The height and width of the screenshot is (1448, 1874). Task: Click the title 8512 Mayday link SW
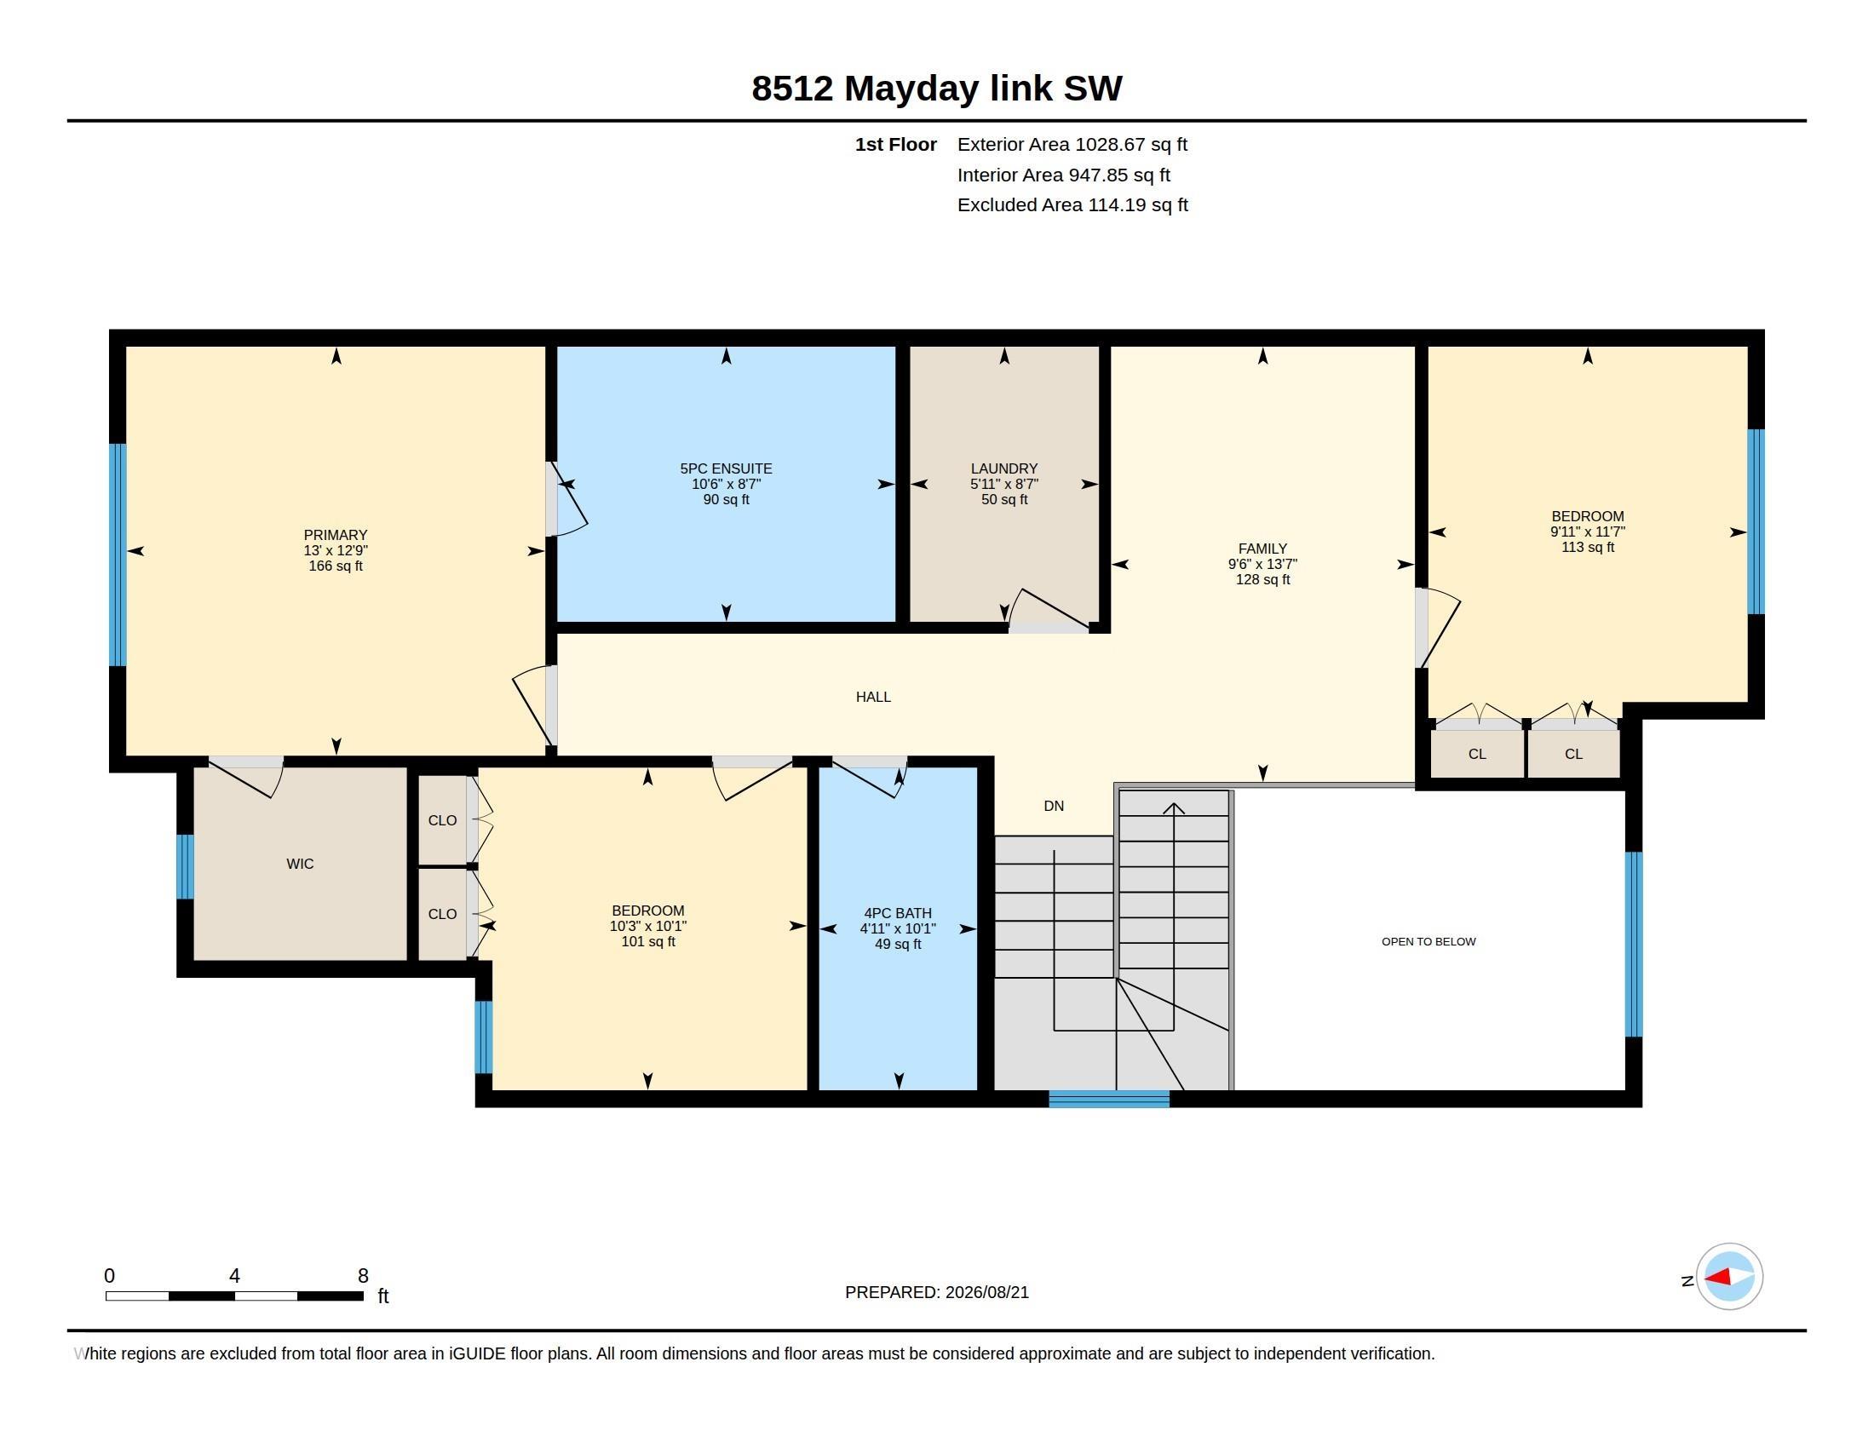tap(936, 89)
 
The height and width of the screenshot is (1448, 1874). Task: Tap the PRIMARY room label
tap(336, 535)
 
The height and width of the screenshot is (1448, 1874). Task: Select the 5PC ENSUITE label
tap(726, 468)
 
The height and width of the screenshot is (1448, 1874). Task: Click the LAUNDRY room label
tap(1004, 468)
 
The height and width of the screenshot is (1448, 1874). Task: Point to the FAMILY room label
tap(1262, 549)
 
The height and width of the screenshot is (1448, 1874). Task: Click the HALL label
tap(873, 697)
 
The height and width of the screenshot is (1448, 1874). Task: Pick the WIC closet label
tap(301, 864)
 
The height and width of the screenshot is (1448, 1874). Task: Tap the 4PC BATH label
tap(898, 914)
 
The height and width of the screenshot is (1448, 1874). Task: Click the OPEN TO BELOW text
tap(1428, 942)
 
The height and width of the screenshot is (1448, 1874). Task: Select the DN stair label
tap(1054, 806)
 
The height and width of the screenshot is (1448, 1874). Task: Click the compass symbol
tap(1729, 1277)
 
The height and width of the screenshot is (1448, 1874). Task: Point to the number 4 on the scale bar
tap(234, 1276)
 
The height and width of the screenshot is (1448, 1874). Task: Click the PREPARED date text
tap(937, 1292)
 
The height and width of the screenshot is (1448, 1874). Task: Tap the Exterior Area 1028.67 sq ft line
tap(1072, 144)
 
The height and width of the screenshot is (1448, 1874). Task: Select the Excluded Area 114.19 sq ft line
tap(1072, 205)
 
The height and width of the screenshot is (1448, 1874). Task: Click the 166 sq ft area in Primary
tap(336, 566)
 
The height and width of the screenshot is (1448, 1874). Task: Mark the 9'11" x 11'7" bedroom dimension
tap(1588, 532)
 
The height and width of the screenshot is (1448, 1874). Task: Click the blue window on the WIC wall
tap(185, 866)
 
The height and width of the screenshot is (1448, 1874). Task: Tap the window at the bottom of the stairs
tap(1108, 1099)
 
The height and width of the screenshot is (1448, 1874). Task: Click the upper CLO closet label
tap(443, 820)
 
